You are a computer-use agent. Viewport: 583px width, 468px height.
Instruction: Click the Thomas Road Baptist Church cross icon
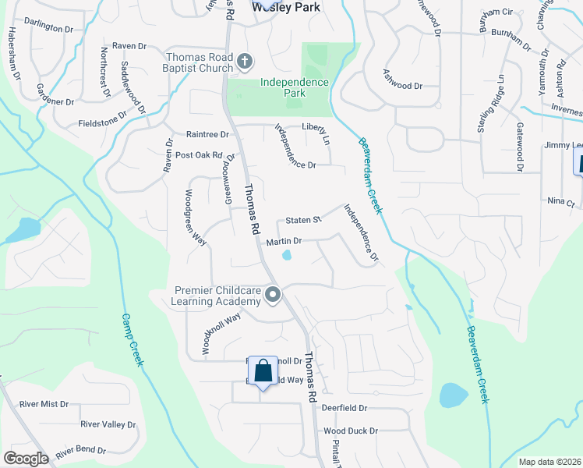click(244, 60)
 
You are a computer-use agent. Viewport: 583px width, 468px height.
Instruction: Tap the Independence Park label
click(295, 87)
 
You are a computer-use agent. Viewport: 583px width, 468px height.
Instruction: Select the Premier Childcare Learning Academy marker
click(273, 295)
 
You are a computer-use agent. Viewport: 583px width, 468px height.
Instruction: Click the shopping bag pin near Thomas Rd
click(263, 370)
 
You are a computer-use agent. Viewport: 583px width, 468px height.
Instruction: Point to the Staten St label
click(303, 221)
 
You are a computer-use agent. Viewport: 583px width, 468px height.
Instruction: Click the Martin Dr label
click(284, 243)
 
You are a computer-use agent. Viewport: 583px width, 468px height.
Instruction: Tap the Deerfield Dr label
click(341, 408)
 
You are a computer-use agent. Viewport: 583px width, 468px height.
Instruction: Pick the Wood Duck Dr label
click(350, 431)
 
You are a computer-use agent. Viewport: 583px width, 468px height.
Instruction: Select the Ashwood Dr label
click(402, 86)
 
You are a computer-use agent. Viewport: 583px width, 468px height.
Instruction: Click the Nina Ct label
click(560, 202)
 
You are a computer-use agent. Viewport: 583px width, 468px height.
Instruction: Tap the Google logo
click(26, 458)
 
